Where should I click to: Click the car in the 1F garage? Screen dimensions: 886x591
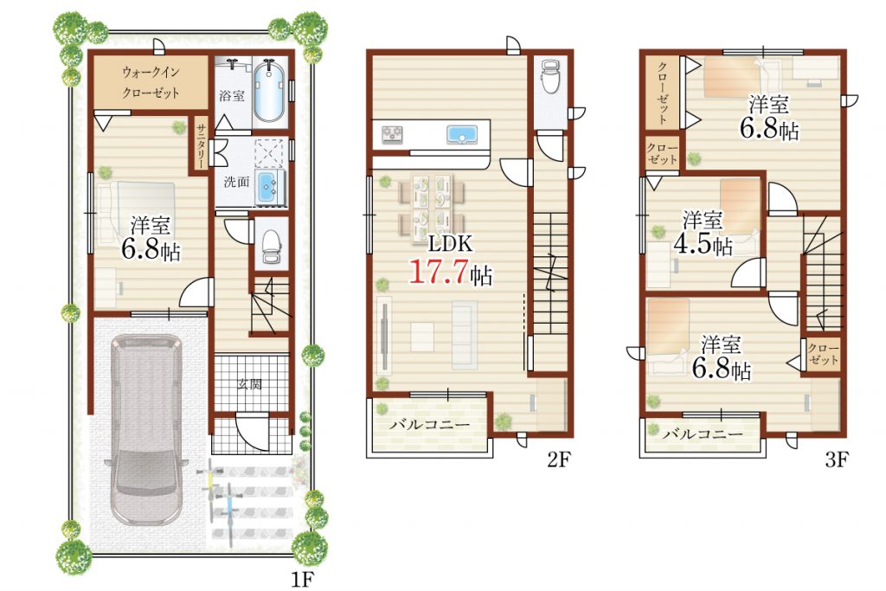click(x=145, y=429)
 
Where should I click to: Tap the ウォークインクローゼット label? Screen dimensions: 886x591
click(x=151, y=82)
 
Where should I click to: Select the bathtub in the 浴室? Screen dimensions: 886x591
click(x=269, y=92)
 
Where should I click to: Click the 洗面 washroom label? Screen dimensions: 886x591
click(x=236, y=182)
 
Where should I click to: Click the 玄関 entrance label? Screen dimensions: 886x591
click(x=249, y=385)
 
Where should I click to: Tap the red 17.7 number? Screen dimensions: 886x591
click(x=439, y=271)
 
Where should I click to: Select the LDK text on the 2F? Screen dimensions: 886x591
click(x=450, y=243)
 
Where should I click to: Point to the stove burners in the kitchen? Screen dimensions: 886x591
click(x=393, y=134)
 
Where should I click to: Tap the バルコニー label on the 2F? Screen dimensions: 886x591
click(x=429, y=424)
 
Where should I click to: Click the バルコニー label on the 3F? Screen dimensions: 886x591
click(x=703, y=434)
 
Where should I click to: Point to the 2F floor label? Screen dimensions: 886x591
click(x=558, y=460)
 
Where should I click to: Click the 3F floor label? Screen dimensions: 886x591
click(x=837, y=460)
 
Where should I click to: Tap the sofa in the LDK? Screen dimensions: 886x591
click(x=465, y=335)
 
